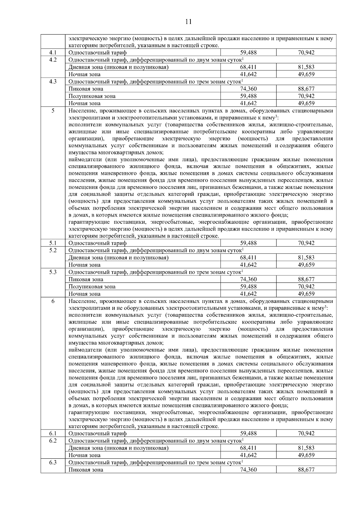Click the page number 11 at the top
pos(188,22)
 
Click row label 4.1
pos(53,53)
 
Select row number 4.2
pos(53,60)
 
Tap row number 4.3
pos(53,82)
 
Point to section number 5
pos(53,111)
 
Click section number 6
pos(53,301)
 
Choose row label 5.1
pos(53,243)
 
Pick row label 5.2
pos(53,250)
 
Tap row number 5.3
pos(53,272)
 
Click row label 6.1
pos(53,433)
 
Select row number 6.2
pos(53,441)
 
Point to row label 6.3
pos(53,463)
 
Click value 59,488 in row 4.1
pos(248,53)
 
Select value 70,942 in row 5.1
pos(306,243)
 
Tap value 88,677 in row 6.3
pos(306,470)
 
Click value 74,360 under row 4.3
pos(248,89)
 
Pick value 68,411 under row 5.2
pos(248,258)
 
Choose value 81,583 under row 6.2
pos(306,448)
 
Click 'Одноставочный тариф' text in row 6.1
pos(97,433)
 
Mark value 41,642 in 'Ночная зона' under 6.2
pos(248,455)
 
